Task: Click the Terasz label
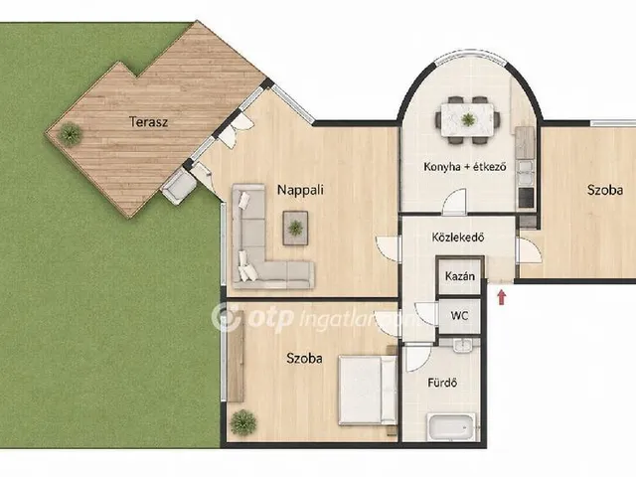(x=148, y=121)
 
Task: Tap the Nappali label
(x=300, y=190)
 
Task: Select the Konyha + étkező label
(x=465, y=166)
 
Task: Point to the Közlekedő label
(x=457, y=237)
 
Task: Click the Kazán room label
(x=460, y=276)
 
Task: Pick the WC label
(x=459, y=315)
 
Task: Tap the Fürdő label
(x=442, y=383)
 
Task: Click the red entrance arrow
(x=502, y=296)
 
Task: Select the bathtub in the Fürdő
(x=450, y=427)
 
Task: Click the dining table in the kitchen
(x=467, y=120)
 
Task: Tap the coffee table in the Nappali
(x=295, y=228)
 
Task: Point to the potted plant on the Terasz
(x=70, y=132)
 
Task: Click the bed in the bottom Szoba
(x=368, y=391)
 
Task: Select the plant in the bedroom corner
(x=243, y=422)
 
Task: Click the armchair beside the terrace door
(x=179, y=187)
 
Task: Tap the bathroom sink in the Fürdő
(x=461, y=345)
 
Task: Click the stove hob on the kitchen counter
(x=527, y=198)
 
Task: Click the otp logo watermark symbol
(x=226, y=318)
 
